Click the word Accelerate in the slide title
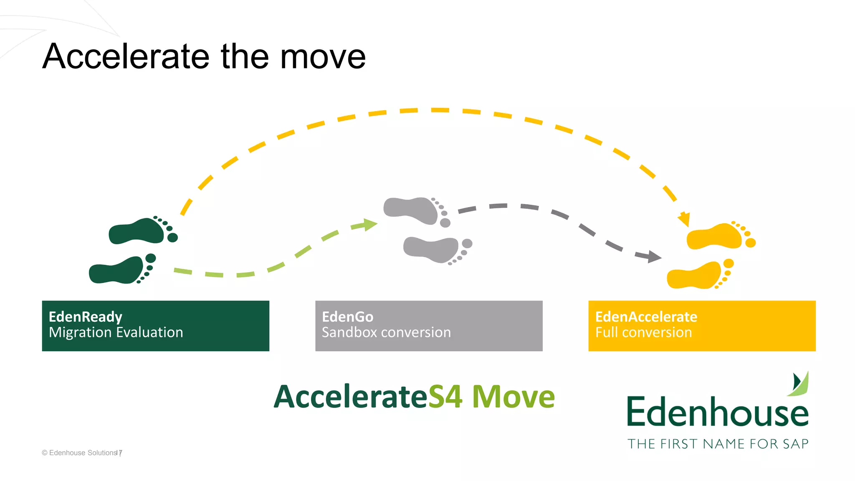(x=126, y=56)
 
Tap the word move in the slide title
(x=323, y=56)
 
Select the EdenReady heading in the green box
(x=85, y=317)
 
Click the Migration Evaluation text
(x=116, y=332)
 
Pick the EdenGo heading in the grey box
(x=347, y=317)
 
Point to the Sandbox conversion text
(x=386, y=332)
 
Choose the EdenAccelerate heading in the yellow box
(x=646, y=317)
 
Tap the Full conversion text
(x=643, y=332)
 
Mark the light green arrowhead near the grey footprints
(x=370, y=225)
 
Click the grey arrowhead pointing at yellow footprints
(x=653, y=256)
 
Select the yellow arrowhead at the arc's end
(x=684, y=219)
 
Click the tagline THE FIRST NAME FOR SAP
(x=718, y=444)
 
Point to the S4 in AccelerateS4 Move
(x=445, y=397)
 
